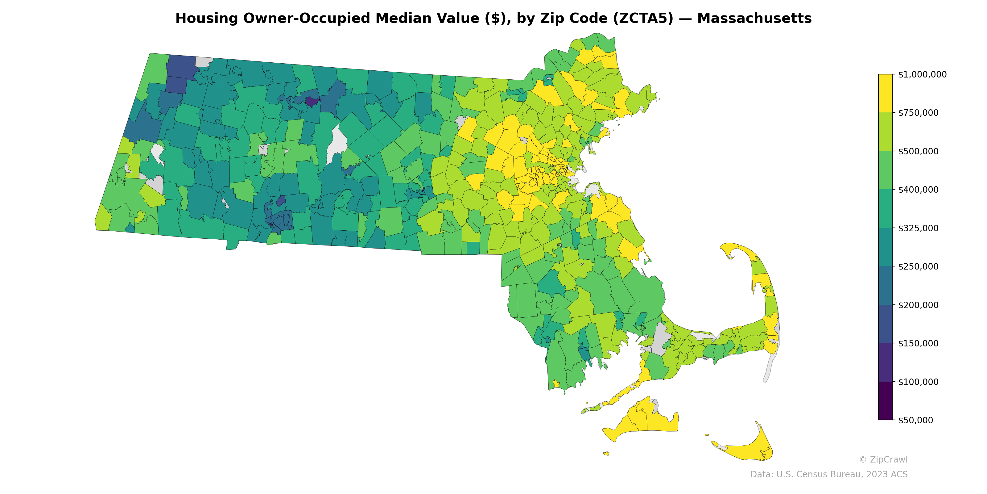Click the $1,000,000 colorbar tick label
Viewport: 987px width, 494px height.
point(922,74)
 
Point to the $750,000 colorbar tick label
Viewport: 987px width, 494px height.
point(918,113)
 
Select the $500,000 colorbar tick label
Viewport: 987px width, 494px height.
point(918,151)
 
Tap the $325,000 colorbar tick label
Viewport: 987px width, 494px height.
point(918,228)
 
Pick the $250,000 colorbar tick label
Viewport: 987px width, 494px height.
point(918,266)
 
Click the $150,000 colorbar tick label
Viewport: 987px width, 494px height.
point(918,343)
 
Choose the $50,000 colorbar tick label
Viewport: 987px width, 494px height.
point(916,420)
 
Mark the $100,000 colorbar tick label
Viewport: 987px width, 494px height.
point(918,382)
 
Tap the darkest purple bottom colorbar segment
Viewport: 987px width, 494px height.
point(885,401)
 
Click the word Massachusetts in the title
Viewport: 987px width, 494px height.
point(754,19)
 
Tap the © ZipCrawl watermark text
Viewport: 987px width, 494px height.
point(883,459)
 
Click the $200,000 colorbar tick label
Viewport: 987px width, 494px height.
point(918,305)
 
